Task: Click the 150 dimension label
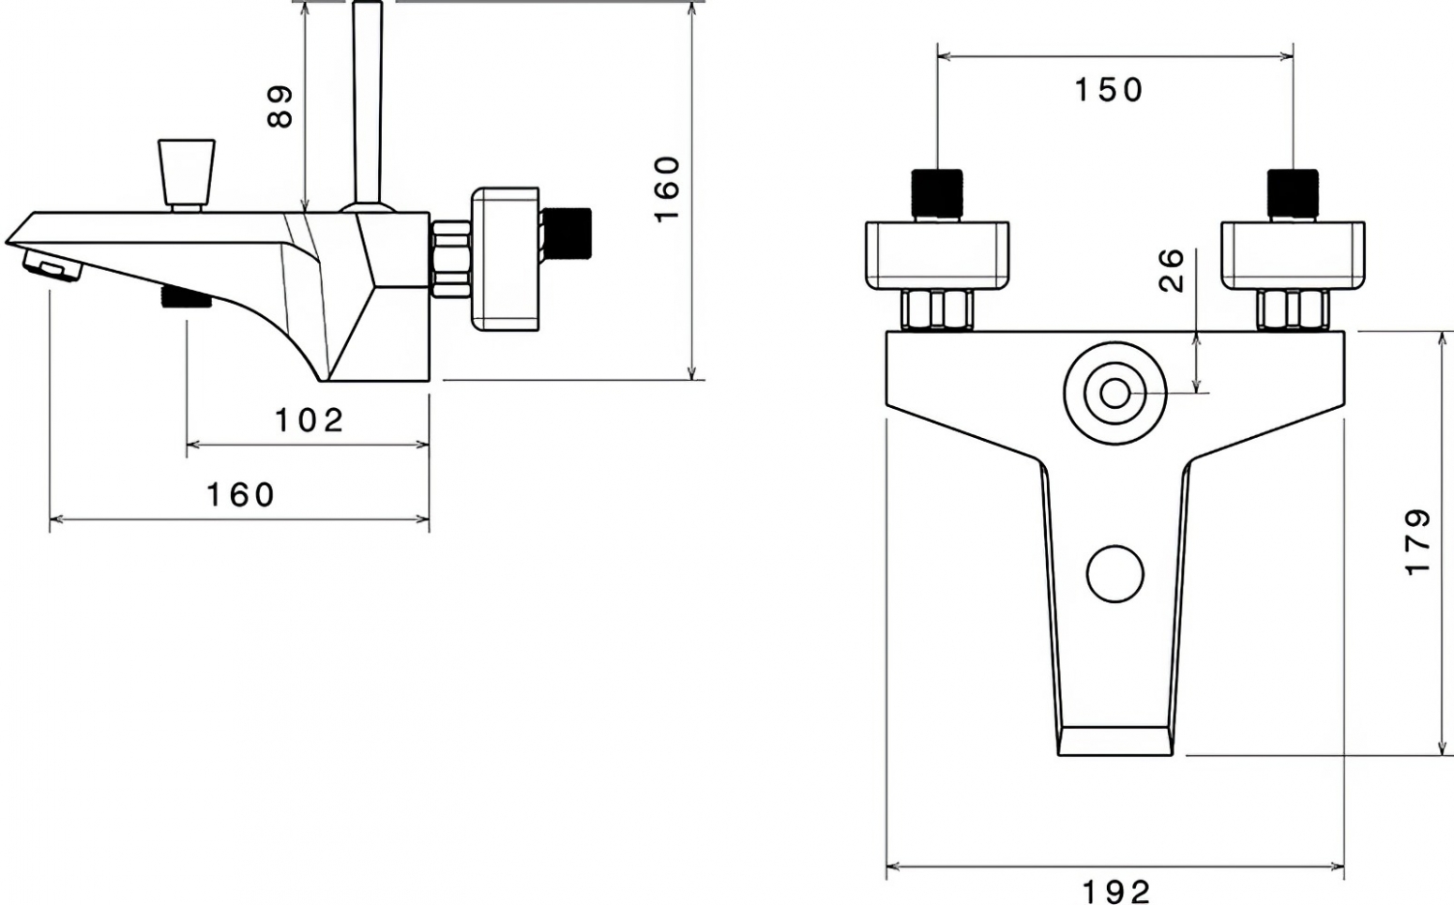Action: [1109, 91]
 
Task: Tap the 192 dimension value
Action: [1115, 892]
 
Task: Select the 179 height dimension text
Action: [1417, 542]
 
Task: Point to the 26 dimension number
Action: [1172, 270]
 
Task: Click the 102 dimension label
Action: [310, 420]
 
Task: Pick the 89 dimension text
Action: [280, 106]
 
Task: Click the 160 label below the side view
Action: [241, 496]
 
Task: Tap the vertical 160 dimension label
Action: [667, 189]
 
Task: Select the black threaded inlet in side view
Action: [567, 233]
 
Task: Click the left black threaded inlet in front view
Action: [937, 194]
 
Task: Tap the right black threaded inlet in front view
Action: [1293, 194]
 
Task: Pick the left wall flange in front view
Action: [937, 256]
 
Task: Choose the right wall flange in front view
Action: [1293, 256]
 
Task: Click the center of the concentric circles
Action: [1115, 393]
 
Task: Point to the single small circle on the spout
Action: [1115, 574]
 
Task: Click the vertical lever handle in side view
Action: [368, 104]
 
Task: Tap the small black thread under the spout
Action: [187, 297]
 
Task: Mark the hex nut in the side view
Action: [450, 260]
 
